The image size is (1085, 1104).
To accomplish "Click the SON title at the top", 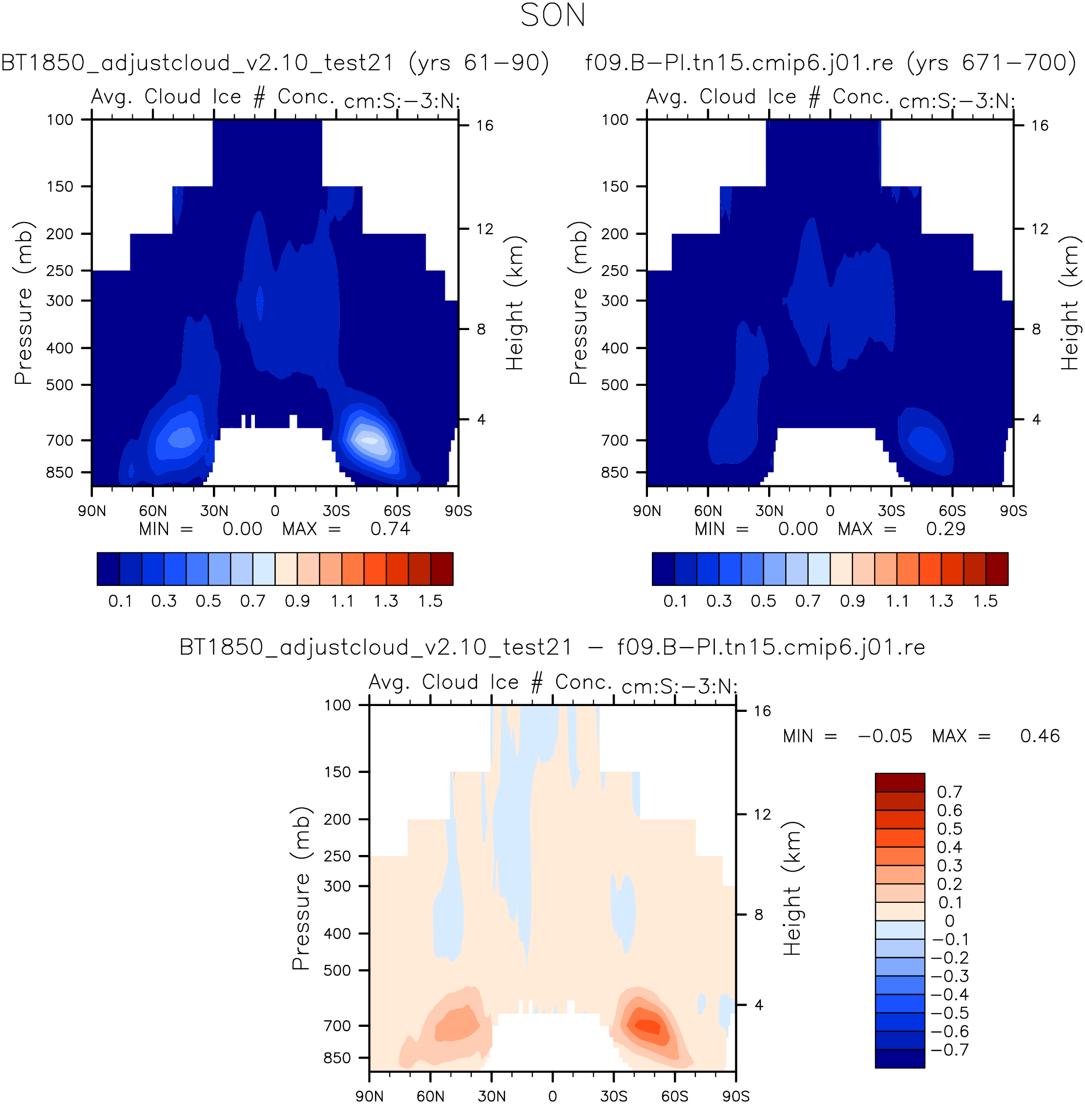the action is point(553,16).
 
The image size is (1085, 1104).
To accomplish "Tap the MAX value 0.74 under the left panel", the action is point(390,529).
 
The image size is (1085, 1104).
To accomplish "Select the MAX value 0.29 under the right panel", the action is point(946,529).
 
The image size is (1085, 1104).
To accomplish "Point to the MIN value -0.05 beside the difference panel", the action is point(885,736).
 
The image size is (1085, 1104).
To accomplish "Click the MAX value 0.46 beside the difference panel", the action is point(1040,736).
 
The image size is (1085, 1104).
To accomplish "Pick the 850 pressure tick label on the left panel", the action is point(60,473).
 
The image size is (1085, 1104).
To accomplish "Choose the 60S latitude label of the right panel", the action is point(952,511).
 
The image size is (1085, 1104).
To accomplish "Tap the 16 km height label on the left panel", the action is point(485,125).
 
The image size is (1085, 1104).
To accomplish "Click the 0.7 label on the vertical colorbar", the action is point(949,792).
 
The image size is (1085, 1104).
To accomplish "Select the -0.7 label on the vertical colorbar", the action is point(949,1049).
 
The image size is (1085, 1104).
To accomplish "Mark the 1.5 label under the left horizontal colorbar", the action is point(430,601).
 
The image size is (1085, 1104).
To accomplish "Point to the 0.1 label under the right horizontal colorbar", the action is point(675,601).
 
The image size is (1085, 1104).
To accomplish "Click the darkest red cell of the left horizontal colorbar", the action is point(441,569).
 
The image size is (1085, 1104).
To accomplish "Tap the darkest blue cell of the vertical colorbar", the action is point(900,1059).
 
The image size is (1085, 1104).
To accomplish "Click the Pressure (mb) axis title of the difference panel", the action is point(300,889).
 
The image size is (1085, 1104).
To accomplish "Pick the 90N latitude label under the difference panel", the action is point(369,1096).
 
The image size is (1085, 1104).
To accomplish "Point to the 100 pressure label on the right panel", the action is point(615,120).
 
